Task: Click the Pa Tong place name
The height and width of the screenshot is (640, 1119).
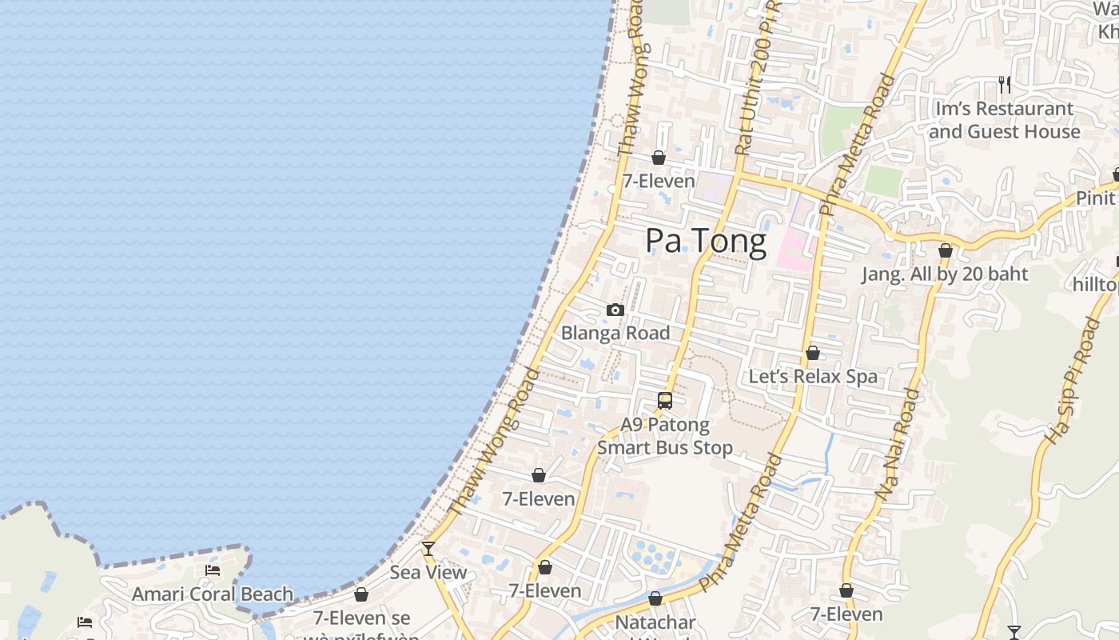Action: (x=706, y=241)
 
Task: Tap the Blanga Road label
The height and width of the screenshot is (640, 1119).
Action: (x=615, y=333)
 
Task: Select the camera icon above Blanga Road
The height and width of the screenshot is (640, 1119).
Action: (x=615, y=310)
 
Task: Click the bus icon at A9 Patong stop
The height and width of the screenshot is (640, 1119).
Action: (x=665, y=401)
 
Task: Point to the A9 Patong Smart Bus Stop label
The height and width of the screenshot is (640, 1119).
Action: (x=665, y=436)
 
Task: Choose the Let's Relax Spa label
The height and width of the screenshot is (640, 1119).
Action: (x=813, y=376)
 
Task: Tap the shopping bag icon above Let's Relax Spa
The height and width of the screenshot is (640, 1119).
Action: (x=813, y=353)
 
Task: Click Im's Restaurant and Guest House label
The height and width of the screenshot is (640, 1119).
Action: (x=1005, y=120)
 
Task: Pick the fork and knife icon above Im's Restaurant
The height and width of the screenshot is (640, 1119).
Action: (x=1005, y=84)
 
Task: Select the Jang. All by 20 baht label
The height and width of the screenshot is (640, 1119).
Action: (x=945, y=274)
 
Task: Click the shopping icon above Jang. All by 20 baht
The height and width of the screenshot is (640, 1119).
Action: (x=946, y=251)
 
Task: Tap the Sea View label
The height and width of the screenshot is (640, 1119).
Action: (x=428, y=573)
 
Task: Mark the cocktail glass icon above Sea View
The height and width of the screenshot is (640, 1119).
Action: (x=428, y=549)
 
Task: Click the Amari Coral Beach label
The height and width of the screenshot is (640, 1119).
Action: (x=213, y=594)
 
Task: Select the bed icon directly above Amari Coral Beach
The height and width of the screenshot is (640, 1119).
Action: (x=213, y=570)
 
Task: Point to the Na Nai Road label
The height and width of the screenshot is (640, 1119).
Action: (x=898, y=445)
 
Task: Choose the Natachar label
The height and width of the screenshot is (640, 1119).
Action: (x=655, y=622)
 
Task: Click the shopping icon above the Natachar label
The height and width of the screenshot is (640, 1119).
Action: (x=655, y=598)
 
